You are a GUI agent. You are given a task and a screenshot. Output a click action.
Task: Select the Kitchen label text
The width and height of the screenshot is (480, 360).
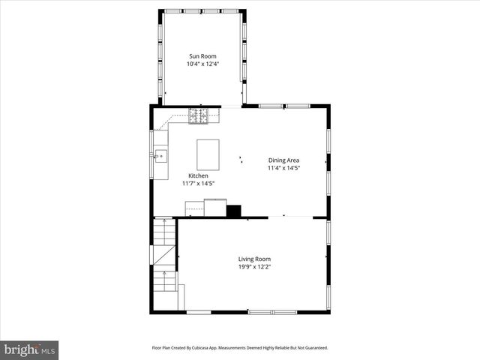point(187,175)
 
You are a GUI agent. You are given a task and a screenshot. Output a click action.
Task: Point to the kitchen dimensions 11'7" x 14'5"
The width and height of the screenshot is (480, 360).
point(198,184)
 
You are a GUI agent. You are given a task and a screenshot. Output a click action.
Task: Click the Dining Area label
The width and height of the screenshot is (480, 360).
point(284,160)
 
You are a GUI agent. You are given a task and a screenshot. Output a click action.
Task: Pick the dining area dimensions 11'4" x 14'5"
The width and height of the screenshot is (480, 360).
point(284,169)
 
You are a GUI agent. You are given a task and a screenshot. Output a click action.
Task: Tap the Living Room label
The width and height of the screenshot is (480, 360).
point(254,259)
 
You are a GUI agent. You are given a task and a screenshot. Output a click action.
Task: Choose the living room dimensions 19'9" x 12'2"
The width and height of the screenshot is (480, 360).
point(254,267)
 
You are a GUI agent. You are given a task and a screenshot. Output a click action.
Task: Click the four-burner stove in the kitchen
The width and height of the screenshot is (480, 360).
point(199,115)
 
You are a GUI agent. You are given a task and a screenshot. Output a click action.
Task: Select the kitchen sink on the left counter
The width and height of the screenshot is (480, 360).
point(160,156)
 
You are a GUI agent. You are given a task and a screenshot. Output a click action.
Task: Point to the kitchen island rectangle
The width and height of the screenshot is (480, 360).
point(208,154)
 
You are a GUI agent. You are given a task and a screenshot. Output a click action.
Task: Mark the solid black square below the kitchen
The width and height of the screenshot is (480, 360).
point(234,211)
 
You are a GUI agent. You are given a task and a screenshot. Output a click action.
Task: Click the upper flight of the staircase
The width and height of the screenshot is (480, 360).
point(164,232)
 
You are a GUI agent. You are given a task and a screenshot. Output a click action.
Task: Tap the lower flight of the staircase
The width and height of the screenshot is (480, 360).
point(164,281)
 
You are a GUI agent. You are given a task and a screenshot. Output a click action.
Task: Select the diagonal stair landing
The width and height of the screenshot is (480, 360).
point(164,256)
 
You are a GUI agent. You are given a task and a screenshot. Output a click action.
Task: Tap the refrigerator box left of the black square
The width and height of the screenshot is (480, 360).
point(216,206)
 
